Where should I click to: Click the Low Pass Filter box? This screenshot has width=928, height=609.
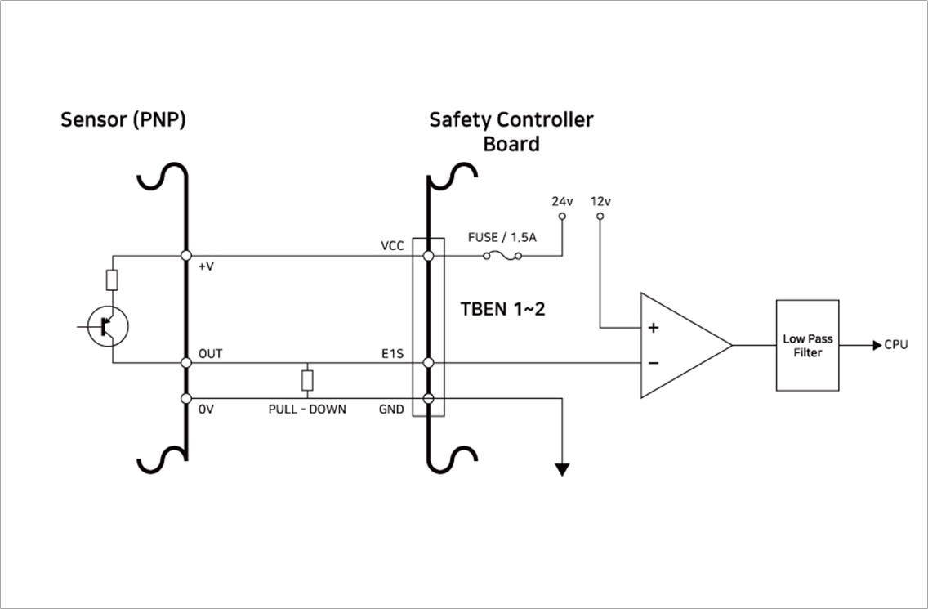[807, 345]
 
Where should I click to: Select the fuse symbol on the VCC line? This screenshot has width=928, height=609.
[502, 256]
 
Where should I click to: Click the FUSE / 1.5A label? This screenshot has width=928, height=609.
[502, 237]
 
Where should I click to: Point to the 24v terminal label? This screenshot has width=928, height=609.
[562, 201]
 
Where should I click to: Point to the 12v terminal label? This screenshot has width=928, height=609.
[600, 201]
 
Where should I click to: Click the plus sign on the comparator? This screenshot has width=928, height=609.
[654, 328]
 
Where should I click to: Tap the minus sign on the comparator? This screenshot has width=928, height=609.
[654, 362]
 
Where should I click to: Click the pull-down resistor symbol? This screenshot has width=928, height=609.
[307, 380]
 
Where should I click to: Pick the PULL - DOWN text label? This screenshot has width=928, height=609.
[307, 409]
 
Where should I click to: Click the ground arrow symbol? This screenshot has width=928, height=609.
[562, 468]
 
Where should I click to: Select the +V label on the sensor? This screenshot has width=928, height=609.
[207, 266]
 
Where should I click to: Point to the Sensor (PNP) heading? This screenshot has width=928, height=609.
[123, 120]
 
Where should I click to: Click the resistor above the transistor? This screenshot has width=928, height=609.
[113, 281]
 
